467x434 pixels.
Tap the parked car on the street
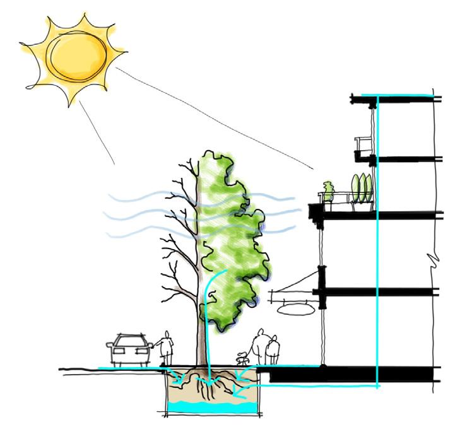click(130, 350)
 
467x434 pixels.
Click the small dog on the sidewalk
click(240, 359)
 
